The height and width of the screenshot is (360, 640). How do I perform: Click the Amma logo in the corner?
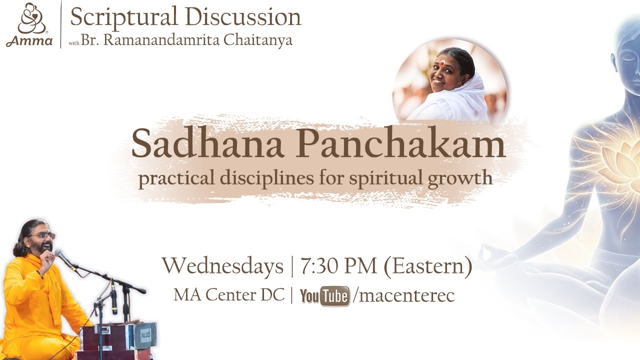pyautogui.click(x=29, y=24)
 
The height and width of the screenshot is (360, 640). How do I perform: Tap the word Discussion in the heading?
pyautogui.click(x=245, y=17)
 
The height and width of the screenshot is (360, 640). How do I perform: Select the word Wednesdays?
pyautogui.click(x=222, y=266)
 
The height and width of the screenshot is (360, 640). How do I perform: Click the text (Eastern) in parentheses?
pyautogui.click(x=428, y=266)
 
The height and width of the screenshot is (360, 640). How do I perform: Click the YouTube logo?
pyautogui.click(x=324, y=296)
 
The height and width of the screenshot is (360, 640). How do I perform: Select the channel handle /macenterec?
pyautogui.click(x=404, y=295)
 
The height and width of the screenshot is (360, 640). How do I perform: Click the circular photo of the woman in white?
pyautogui.click(x=449, y=82)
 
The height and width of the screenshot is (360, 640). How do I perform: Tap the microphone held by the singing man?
pyautogui.click(x=62, y=257)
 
